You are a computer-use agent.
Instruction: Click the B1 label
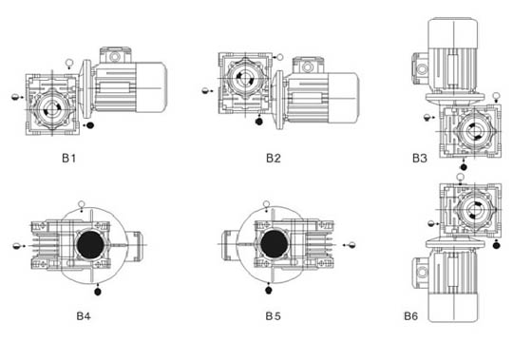click(68, 159)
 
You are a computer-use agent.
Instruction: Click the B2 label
click(274, 159)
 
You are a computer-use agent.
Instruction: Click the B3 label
click(420, 159)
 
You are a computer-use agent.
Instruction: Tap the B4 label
click(84, 316)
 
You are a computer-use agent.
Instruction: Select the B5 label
click(273, 316)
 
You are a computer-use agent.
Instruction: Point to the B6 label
click(410, 316)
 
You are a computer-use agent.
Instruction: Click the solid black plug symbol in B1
click(90, 124)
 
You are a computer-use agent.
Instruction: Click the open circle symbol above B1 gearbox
click(69, 62)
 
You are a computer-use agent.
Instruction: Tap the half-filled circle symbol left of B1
click(15, 97)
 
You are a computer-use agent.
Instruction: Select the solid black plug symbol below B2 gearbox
click(258, 122)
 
